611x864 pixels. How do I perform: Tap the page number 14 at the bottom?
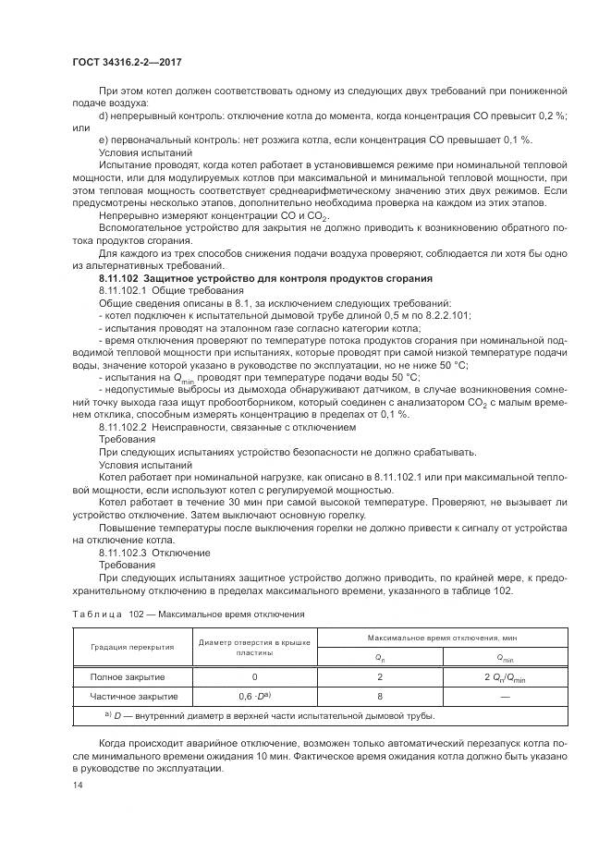click(77, 785)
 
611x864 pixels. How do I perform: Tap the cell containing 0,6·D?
click(254, 696)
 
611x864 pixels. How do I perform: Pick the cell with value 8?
click(380, 696)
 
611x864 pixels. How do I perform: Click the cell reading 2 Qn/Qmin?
click(506, 676)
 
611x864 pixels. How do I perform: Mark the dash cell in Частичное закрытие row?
click(506, 696)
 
